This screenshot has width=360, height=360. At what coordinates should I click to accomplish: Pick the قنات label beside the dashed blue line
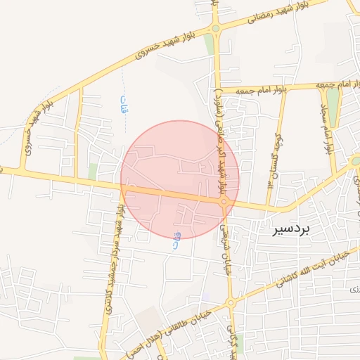(x=124, y=105)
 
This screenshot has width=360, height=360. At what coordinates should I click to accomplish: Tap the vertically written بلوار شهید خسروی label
(x=27, y=134)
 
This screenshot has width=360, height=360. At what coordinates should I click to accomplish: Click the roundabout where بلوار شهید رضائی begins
(x=215, y=28)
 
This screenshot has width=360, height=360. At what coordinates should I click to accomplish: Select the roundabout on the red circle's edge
(x=224, y=202)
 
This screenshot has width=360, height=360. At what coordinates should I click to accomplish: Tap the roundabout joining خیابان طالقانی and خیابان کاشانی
(x=230, y=303)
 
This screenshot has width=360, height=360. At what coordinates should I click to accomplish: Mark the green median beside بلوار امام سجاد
(x=333, y=109)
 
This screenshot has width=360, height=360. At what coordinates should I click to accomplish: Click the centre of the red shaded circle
(x=180, y=180)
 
